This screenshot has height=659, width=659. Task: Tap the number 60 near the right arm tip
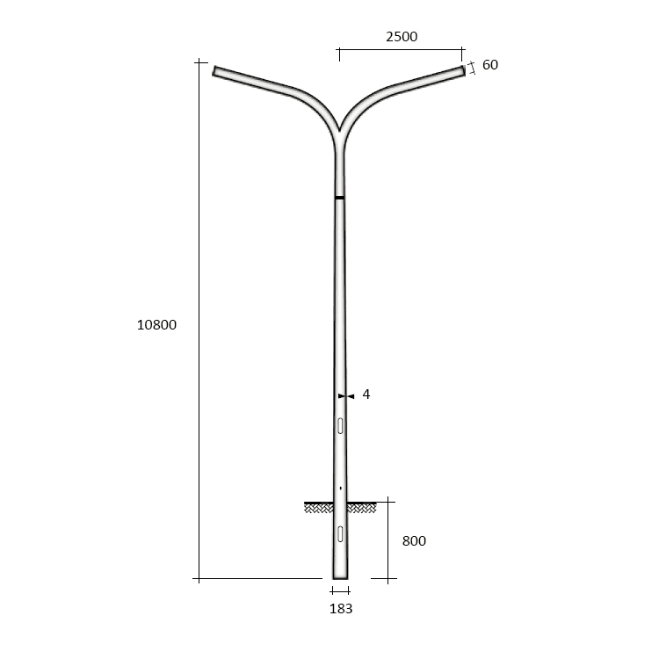pyautogui.click(x=490, y=65)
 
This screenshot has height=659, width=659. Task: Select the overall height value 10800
pyautogui.click(x=157, y=324)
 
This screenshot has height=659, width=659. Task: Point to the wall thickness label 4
pyautogui.click(x=366, y=395)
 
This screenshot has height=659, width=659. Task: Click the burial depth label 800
pyautogui.click(x=414, y=541)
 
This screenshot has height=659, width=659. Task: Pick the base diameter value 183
pyautogui.click(x=340, y=608)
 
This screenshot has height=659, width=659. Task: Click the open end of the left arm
pyautogui.click(x=214, y=70)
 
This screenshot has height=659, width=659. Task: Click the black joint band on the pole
pyautogui.click(x=339, y=198)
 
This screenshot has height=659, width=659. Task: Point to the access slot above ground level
pyautogui.click(x=340, y=426)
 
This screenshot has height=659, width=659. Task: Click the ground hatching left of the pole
pyautogui.click(x=318, y=507)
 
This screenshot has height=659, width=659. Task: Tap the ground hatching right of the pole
pyautogui.click(x=361, y=507)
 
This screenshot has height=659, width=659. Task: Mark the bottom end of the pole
pyautogui.click(x=340, y=577)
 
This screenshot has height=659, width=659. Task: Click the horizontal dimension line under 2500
pyautogui.click(x=401, y=50)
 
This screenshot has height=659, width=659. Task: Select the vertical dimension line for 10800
pyautogui.click(x=200, y=324)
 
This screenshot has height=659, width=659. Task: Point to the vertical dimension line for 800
pyautogui.click(x=390, y=541)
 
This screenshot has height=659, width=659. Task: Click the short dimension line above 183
pyautogui.click(x=340, y=590)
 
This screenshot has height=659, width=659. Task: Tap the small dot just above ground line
pyautogui.click(x=340, y=487)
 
